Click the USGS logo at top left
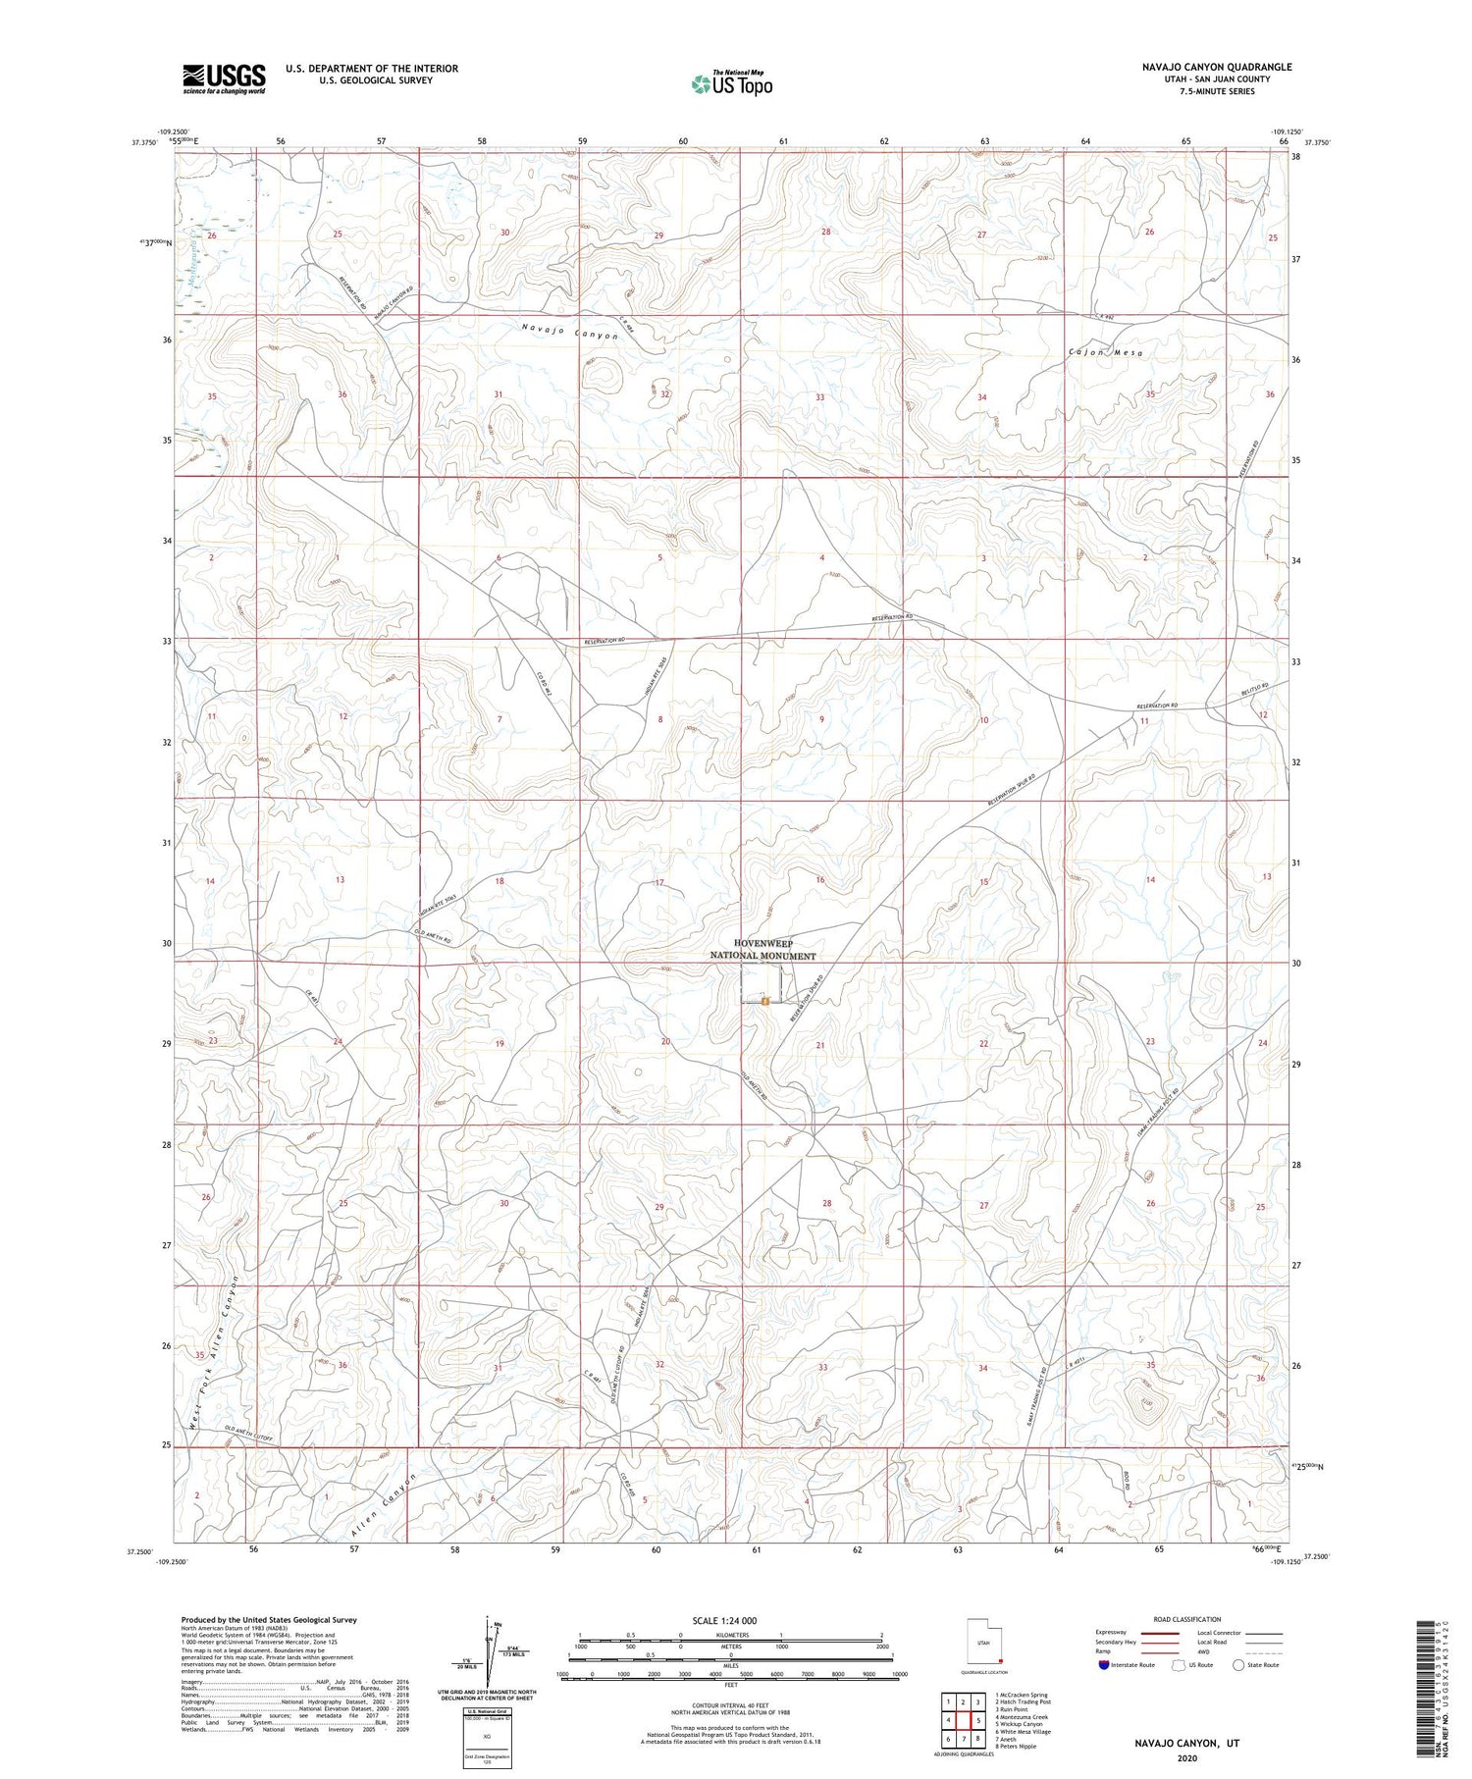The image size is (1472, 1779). pyautogui.click(x=224, y=78)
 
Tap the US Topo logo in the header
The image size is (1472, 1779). pyautogui.click(x=731, y=84)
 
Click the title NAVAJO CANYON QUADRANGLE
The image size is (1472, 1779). pyautogui.click(x=1216, y=68)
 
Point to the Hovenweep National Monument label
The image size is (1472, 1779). pyautogui.click(x=762, y=949)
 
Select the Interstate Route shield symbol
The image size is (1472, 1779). pyautogui.click(x=1104, y=1665)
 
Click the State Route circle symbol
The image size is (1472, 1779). pyautogui.click(x=1239, y=1665)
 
